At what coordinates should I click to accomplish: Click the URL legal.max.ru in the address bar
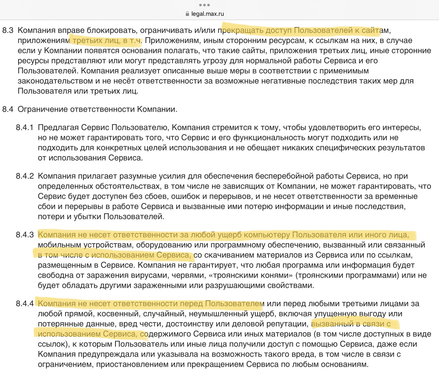tap(208, 14)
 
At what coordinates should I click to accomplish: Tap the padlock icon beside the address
tap(187, 14)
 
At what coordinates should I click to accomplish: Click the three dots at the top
tap(204, 5)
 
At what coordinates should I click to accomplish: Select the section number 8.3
tap(8, 30)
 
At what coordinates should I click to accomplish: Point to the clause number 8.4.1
tap(25, 128)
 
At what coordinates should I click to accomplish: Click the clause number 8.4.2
tap(25, 176)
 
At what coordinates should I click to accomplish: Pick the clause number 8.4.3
tap(25, 235)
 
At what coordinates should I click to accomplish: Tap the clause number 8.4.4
tap(25, 304)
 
